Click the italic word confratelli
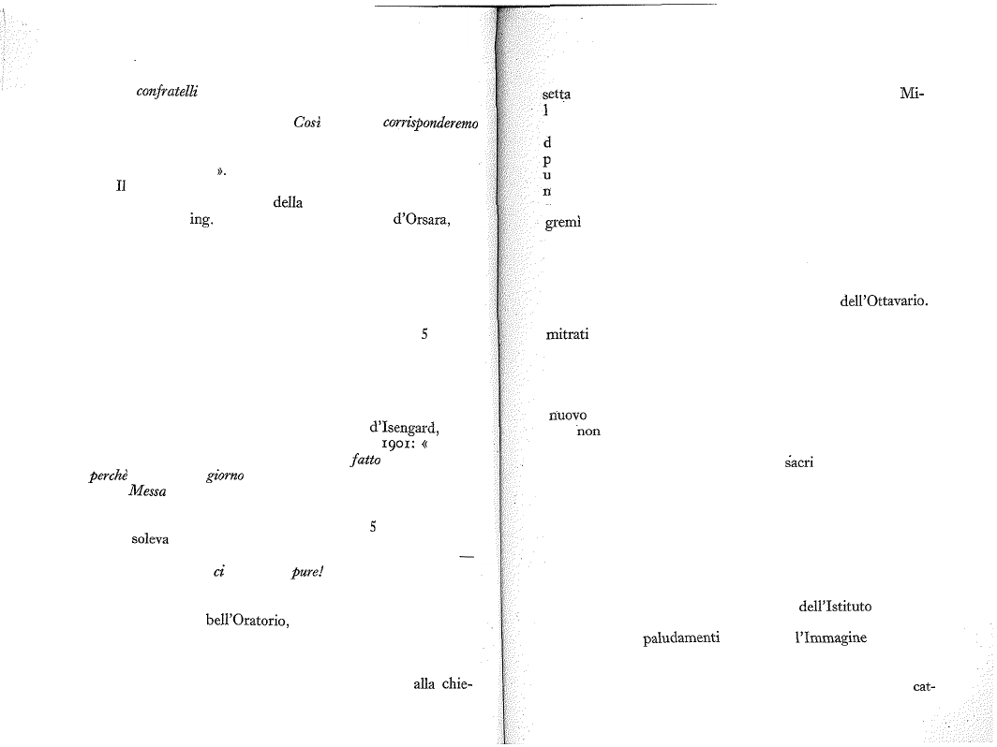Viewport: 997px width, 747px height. [167, 92]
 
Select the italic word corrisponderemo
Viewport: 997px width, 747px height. [430, 124]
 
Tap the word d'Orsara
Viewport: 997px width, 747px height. [422, 220]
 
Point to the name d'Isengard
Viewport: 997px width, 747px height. [404, 427]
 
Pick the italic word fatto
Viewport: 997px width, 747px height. [365, 460]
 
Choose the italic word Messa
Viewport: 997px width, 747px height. [147, 491]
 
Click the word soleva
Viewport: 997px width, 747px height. [150, 539]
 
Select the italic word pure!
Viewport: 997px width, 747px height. [307, 572]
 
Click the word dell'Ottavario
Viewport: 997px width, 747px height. [884, 301]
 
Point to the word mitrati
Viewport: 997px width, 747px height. [567, 334]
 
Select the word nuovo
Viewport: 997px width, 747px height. [568, 416]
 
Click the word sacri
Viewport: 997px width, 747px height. [799, 462]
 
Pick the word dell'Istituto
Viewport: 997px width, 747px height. [835, 606]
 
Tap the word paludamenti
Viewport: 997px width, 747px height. [681, 637]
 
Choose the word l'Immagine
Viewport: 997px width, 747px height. [831, 637]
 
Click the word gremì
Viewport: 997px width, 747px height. [563, 223]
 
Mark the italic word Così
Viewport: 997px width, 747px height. [307, 123]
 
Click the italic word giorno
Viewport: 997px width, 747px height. [225, 476]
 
